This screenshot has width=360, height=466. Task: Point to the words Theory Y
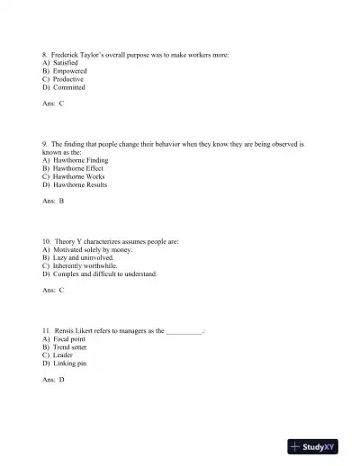point(71,242)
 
